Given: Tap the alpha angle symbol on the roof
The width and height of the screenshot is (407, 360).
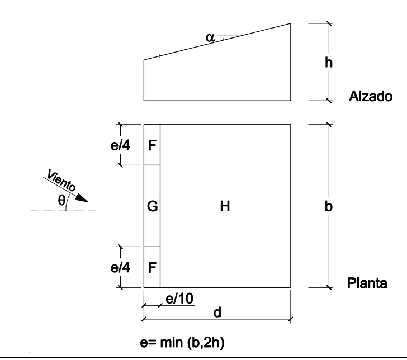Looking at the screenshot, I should (x=210, y=37).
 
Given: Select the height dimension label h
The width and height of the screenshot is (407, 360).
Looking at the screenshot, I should (x=330, y=63).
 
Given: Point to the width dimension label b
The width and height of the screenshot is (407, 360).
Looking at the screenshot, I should (x=330, y=206).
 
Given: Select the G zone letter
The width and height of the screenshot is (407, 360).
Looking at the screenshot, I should (x=152, y=207).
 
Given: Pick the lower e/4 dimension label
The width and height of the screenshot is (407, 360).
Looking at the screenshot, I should (x=120, y=267).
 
